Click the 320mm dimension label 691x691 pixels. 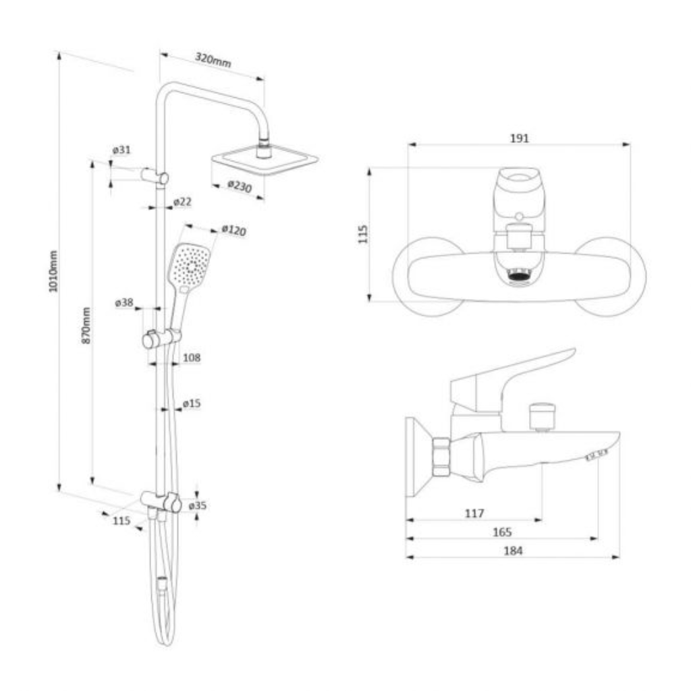coord(213,59)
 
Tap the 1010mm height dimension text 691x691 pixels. coord(53,271)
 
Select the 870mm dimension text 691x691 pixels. coord(86,326)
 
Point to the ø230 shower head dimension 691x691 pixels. coord(240,186)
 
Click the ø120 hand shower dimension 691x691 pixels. coord(234,230)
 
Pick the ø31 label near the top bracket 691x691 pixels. coord(121,150)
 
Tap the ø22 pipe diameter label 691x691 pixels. coord(182,202)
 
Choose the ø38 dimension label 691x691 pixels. coord(124,303)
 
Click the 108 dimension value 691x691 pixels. coord(192,358)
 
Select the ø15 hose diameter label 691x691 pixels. coord(192,404)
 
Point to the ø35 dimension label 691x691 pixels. coord(198,505)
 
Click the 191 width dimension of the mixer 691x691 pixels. coord(520,138)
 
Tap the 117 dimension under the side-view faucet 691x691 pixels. coord(474,514)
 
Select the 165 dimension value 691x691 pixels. coord(502,532)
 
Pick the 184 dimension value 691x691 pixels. coord(513,551)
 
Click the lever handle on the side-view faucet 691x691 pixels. coord(512,379)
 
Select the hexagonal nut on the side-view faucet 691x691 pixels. coord(441,457)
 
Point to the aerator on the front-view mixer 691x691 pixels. coord(519,277)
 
